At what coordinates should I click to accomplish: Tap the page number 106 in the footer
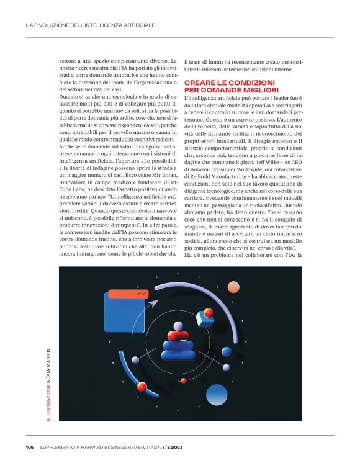pyautogui.click(x=30, y=448)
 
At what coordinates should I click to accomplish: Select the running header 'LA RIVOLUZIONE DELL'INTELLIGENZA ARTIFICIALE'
pyautogui.click(x=90, y=25)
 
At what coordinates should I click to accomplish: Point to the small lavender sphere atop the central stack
pyautogui.click(x=178, y=326)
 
